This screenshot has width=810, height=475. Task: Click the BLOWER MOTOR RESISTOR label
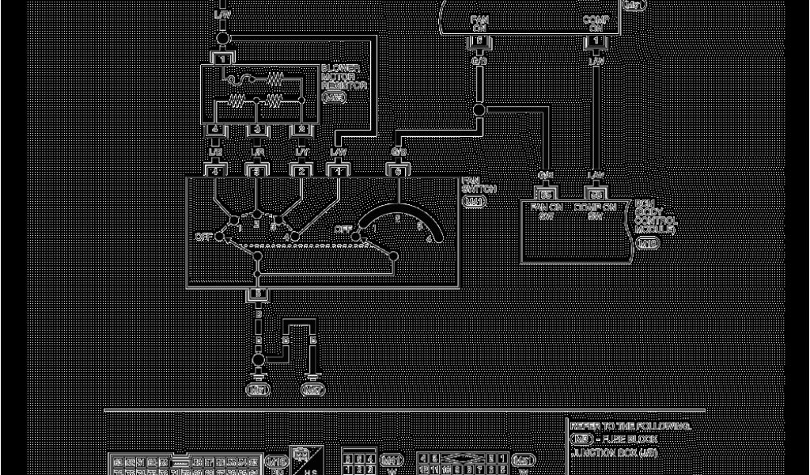tap(344, 78)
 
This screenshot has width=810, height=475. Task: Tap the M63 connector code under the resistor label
tap(334, 97)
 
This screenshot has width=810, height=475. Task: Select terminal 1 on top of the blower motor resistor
tap(223, 59)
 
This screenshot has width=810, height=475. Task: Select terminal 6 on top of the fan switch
tap(398, 169)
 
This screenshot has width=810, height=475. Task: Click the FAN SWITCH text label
tap(479, 185)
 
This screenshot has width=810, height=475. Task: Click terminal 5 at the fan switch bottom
tap(257, 294)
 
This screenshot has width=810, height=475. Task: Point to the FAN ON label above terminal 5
tap(479, 23)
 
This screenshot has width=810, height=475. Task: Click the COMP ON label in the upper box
tap(595, 23)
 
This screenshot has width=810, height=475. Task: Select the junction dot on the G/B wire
tap(479, 110)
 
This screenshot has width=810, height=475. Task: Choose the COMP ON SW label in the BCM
tap(595, 211)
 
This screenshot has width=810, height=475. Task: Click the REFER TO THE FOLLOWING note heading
tap(630, 426)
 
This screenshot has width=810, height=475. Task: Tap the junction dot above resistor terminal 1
tap(223, 38)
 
